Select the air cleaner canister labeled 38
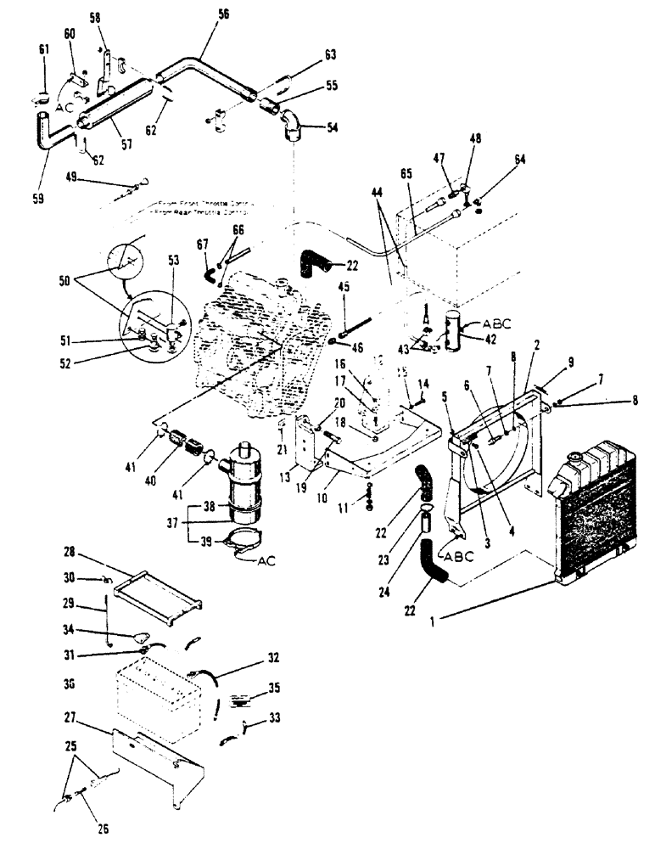pyautogui.click(x=243, y=482)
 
